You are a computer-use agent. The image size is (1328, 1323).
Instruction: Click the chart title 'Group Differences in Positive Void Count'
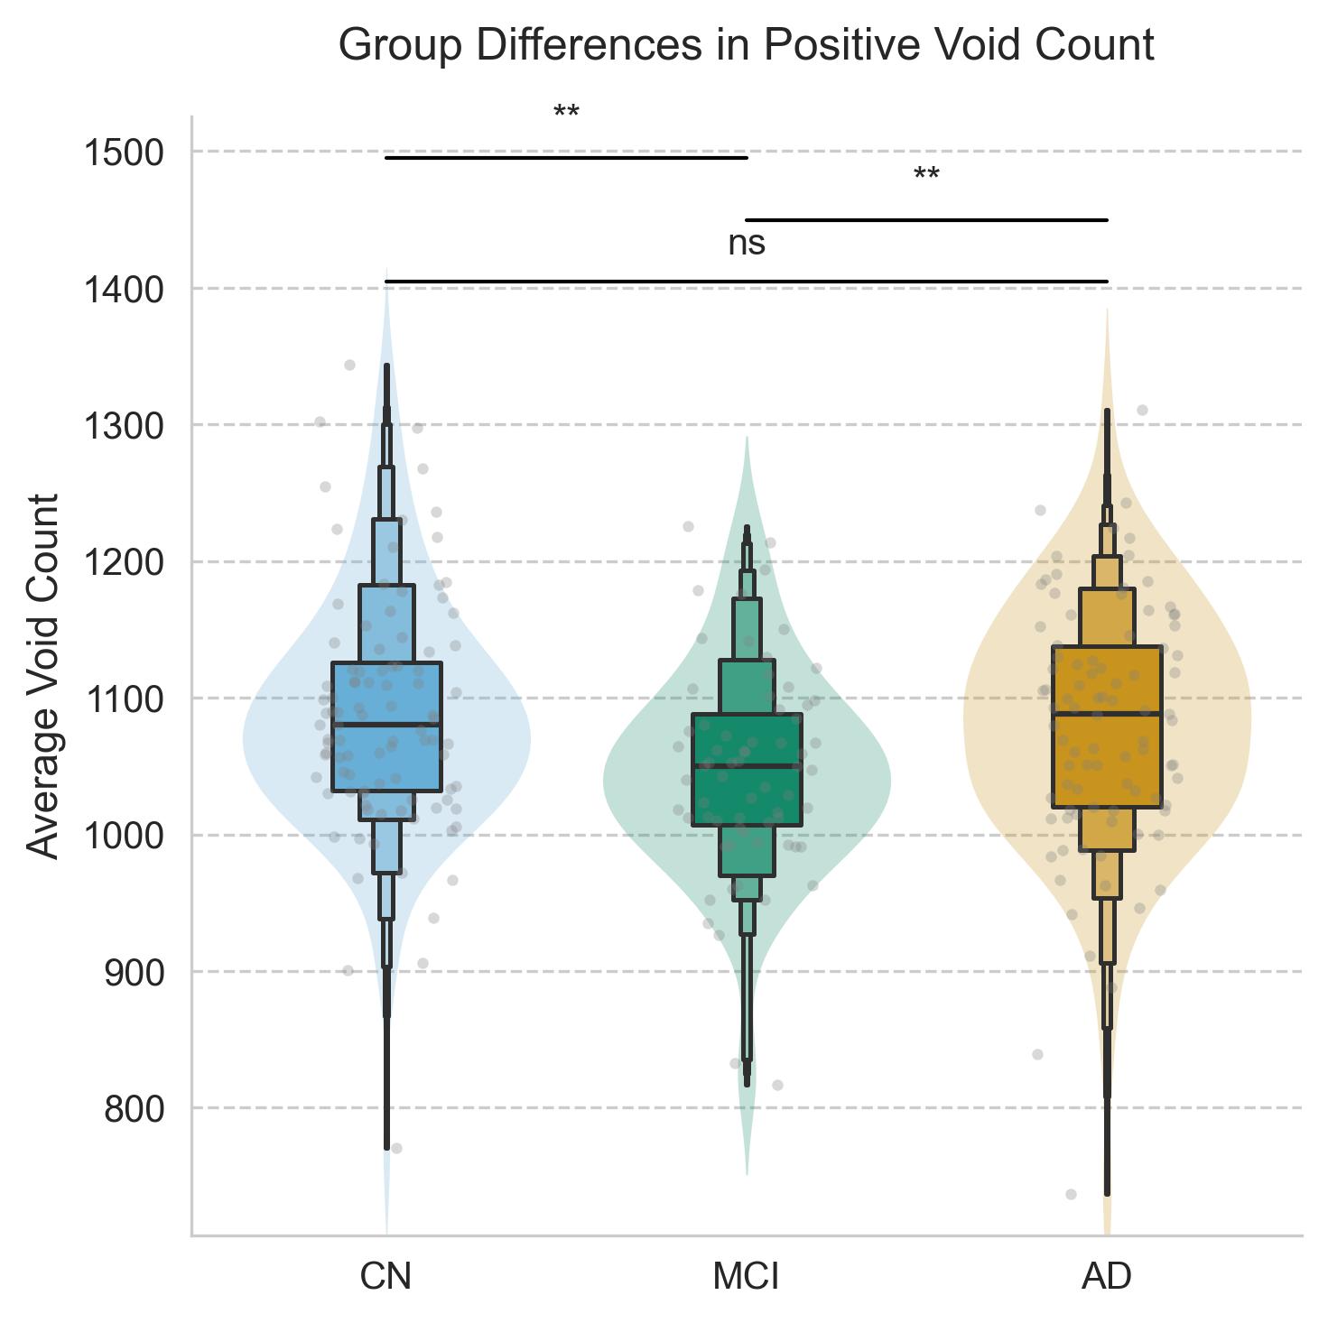tap(746, 45)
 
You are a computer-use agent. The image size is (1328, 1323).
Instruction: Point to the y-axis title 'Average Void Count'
tap(43, 676)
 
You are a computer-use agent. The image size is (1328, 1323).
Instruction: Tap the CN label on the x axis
tap(385, 1277)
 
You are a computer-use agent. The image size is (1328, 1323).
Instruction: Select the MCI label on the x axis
tap(746, 1277)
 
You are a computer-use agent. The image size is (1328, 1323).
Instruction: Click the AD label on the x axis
tap(1106, 1277)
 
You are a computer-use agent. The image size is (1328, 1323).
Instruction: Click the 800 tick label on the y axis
tap(134, 1109)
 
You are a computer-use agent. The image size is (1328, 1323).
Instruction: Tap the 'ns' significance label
tap(747, 244)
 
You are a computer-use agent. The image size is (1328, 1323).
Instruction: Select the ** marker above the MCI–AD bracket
tap(926, 175)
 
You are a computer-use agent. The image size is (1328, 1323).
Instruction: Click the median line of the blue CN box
tap(386, 724)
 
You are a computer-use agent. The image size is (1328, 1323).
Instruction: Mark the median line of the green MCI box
tap(747, 766)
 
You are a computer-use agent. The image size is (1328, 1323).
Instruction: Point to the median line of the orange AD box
tap(1106, 714)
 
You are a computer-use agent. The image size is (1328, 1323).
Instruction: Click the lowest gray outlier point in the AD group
tap(1072, 1194)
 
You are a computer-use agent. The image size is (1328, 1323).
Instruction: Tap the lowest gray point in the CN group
tap(396, 1148)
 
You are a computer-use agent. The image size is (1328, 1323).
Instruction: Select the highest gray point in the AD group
tap(1142, 410)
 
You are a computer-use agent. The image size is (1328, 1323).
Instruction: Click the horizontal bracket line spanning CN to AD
tap(746, 282)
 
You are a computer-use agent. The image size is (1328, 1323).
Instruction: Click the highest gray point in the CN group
tap(350, 365)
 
